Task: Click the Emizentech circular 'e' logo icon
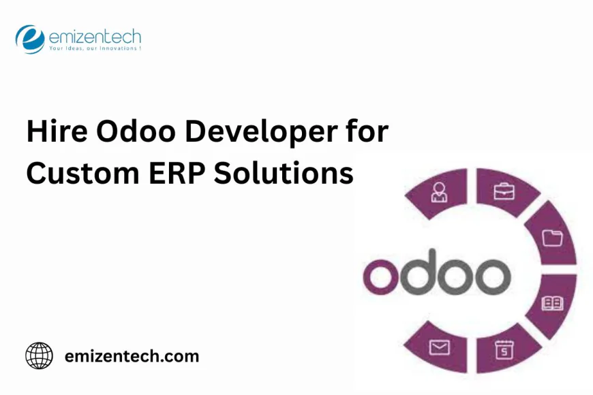pyautogui.click(x=29, y=38)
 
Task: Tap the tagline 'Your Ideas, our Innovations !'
pyautogui.click(x=94, y=49)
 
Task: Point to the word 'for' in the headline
pyautogui.click(x=367, y=131)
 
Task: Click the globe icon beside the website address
pyautogui.click(x=39, y=355)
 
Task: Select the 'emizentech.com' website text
pyautogui.click(x=132, y=355)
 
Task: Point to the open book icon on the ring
pyautogui.click(x=551, y=303)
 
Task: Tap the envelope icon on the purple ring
pyautogui.click(x=438, y=349)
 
